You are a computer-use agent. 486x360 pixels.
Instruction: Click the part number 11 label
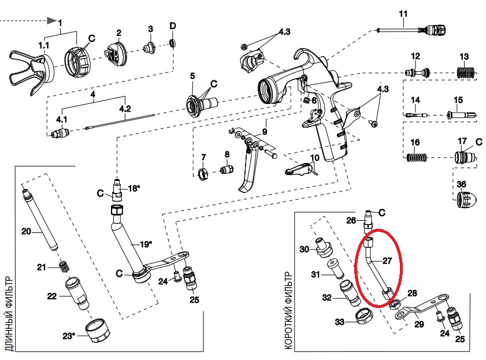pos(403,13)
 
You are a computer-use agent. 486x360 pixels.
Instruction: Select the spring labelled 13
pos(465,73)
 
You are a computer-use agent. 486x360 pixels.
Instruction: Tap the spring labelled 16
pos(417,156)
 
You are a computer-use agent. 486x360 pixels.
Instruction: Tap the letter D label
pos(172,26)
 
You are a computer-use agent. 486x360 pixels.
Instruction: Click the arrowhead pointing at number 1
pos(52,21)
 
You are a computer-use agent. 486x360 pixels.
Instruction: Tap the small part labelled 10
pos(301,169)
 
